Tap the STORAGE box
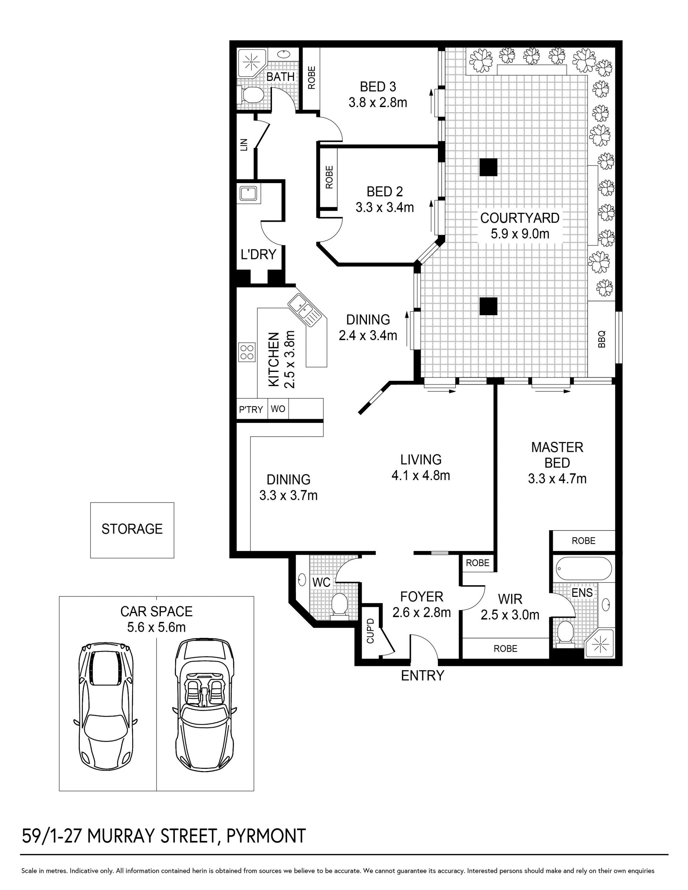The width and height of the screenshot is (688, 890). click(132, 530)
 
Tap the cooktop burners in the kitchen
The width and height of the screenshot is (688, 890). click(247, 352)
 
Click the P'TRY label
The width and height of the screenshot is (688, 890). click(251, 409)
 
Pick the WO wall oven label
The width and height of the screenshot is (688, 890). click(278, 408)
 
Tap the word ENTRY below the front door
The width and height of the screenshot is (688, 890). click(422, 676)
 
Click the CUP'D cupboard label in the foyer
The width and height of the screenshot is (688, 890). click(370, 631)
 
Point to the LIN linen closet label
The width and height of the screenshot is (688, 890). click(244, 145)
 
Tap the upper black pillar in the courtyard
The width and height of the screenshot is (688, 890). click(488, 167)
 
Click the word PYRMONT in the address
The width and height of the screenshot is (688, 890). click(266, 836)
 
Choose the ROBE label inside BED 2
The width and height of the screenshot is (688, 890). click(329, 177)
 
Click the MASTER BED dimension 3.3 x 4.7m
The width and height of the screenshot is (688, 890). click(557, 479)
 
